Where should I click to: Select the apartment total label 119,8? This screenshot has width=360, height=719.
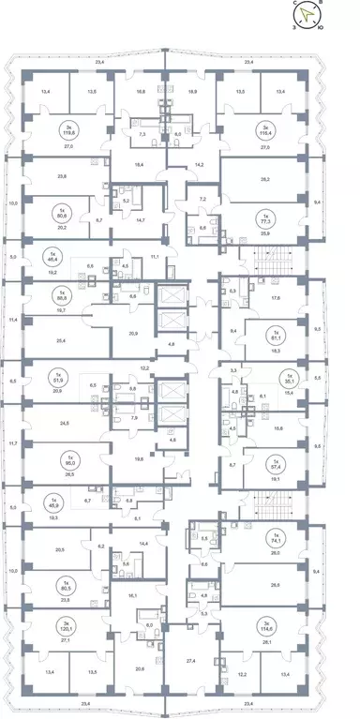point(66,132)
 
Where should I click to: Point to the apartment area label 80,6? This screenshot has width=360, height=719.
point(65,212)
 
